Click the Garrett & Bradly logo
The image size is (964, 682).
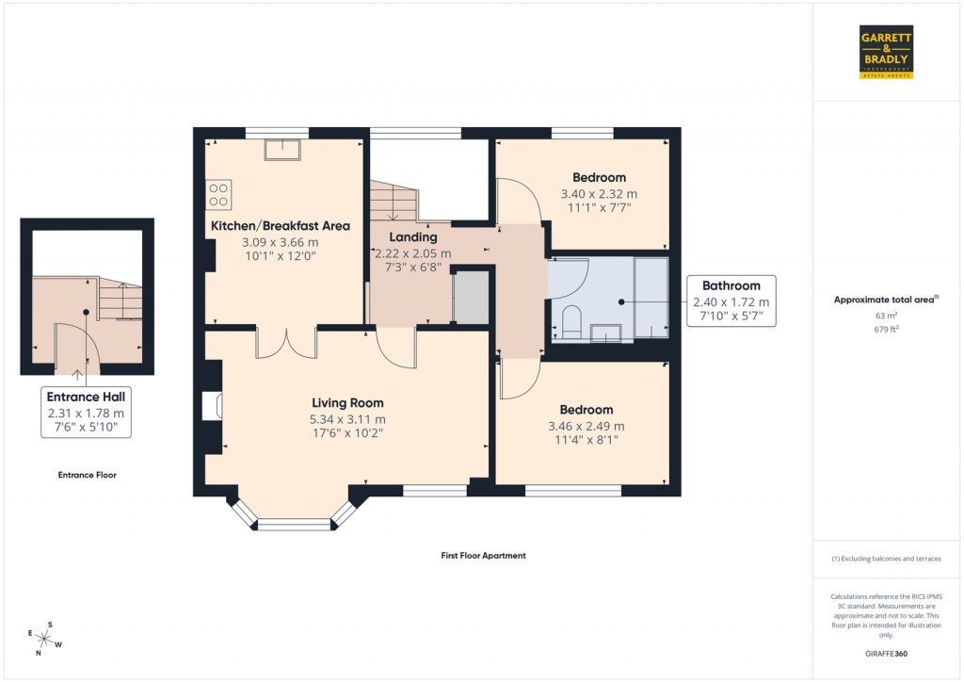click(886, 52)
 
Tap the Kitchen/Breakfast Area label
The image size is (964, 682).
click(281, 226)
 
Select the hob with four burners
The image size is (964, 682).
click(218, 193)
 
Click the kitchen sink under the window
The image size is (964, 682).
click(282, 151)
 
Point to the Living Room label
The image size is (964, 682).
click(348, 403)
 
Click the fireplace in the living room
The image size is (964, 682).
click(213, 406)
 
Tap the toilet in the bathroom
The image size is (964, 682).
click(570, 321)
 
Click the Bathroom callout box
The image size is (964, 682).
click(731, 301)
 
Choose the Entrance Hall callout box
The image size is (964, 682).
click(86, 413)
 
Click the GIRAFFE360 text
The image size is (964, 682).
click(888, 654)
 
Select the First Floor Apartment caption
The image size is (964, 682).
click(483, 556)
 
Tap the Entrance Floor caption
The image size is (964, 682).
click(87, 475)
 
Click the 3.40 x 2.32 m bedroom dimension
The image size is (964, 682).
click(599, 195)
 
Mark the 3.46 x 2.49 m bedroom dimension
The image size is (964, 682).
click(586, 426)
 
